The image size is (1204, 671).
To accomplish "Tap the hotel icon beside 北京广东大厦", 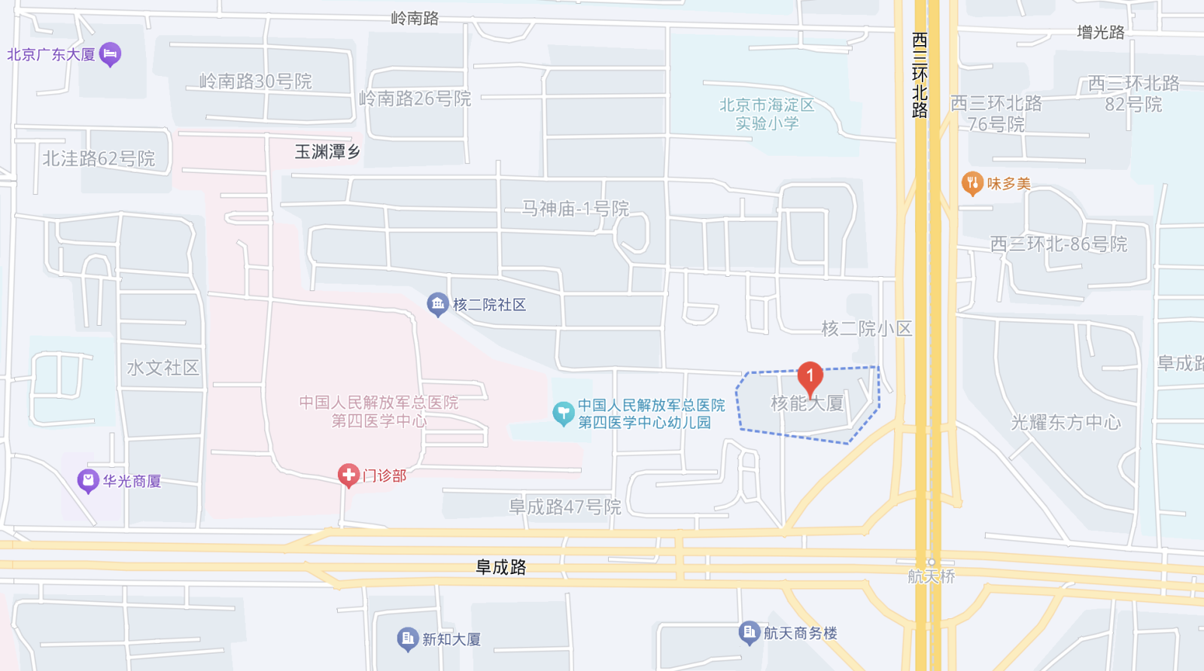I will click(x=110, y=53).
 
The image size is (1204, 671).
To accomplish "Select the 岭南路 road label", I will click(x=415, y=18).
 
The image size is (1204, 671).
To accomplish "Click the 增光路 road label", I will click(x=1100, y=32).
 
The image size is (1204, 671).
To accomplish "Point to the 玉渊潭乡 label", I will click(x=327, y=152).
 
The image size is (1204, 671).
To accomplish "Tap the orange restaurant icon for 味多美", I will click(x=972, y=183).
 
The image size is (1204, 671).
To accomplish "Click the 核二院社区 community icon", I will click(x=437, y=304).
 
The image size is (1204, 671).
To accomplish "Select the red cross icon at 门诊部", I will click(x=348, y=475).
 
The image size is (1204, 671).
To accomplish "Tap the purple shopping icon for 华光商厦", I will click(x=88, y=480).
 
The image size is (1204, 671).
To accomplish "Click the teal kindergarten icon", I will click(x=563, y=413).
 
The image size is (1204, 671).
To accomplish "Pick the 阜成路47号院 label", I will click(x=565, y=507).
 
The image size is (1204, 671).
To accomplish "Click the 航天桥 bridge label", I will click(x=931, y=576).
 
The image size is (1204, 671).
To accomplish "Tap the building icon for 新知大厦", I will click(x=407, y=639).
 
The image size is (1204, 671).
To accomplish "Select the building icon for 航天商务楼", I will click(x=749, y=633).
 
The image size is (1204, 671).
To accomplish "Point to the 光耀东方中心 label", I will click(x=1066, y=423).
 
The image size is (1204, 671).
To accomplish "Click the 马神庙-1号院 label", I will click(x=576, y=208).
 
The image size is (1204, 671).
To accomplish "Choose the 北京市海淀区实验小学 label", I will click(x=767, y=114).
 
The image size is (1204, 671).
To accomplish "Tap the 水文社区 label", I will click(x=163, y=368).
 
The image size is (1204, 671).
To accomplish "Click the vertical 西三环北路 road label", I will click(x=920, y=75).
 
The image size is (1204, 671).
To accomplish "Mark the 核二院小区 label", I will click(x=867, y=329).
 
